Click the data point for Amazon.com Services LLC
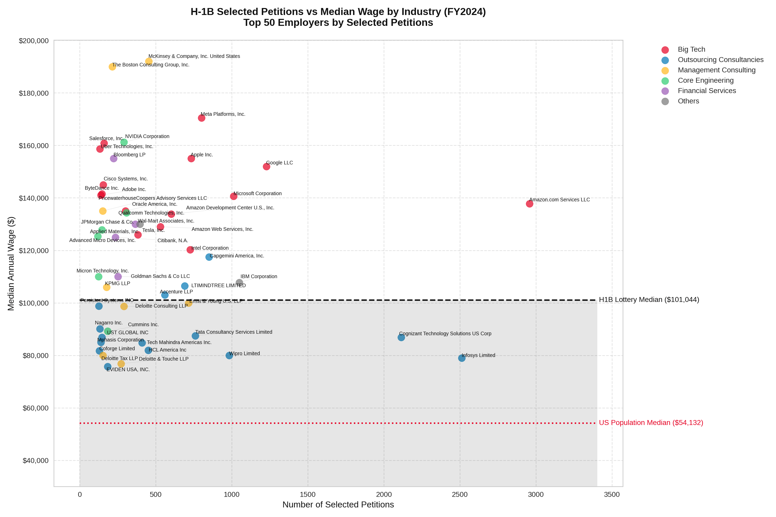tap(529, 204)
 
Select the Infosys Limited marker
tap(461, 358)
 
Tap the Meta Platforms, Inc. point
tap(202, 118)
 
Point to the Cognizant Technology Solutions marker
tap(401, 337)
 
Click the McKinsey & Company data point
tap(149, 61)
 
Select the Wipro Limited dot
tap(229, 355)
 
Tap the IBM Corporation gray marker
tap(239, 283)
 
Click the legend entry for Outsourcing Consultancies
tap(720, 60)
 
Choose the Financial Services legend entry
tap(706, 91)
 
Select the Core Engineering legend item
tap(705, 80)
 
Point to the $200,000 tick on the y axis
tap(34, 41)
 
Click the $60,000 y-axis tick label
tap(35, 408)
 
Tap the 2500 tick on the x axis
tap(460, 495)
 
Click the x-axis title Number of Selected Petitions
tap(338, 505)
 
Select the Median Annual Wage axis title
tap(11, 263)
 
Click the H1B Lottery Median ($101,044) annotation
tap(649, 300)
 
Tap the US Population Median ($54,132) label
tap(651, 423)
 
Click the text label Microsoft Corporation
tap(257, 194)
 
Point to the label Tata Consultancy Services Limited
tap(234, 332)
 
